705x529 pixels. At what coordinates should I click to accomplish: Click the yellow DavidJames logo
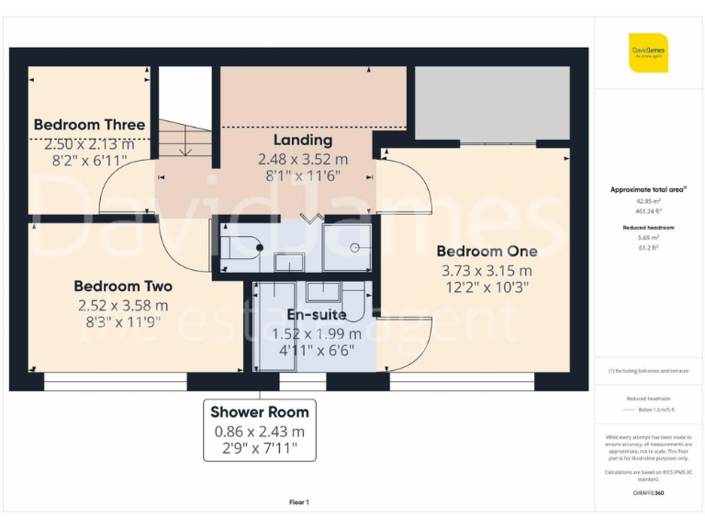648,52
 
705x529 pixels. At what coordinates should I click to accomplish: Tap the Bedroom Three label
89,125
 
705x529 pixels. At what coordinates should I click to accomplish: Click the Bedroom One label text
487,252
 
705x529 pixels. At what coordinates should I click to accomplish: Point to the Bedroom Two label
123,287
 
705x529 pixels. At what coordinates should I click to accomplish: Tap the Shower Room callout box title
260,412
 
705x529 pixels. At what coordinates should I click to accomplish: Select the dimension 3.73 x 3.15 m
487,270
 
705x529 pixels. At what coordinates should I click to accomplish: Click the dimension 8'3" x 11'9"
123,322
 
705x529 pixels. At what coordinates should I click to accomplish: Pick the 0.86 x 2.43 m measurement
260,432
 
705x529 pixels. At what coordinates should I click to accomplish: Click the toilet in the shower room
241,247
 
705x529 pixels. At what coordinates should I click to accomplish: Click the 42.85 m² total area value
648,200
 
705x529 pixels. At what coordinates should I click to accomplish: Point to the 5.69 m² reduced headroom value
648,237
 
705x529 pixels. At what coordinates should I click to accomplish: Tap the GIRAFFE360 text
648,494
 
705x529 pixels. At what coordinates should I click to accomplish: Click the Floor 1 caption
299,502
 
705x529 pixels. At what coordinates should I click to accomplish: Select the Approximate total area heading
648,190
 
